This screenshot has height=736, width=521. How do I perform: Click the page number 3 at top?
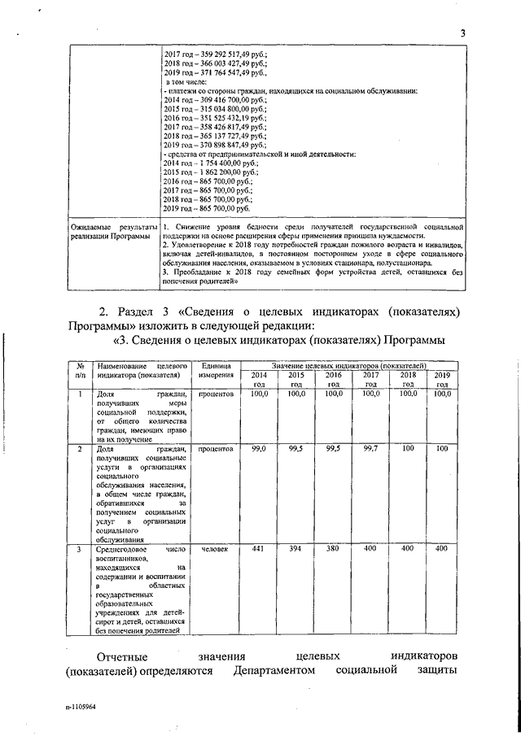click(x=462, y=33)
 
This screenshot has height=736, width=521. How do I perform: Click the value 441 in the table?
click(x=259, y=549)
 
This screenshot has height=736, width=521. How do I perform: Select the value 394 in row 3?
click(x=296, y=549)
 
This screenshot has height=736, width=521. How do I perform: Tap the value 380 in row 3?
click(x=332, y=549)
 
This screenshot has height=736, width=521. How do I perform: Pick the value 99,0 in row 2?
click(x=259, y=448)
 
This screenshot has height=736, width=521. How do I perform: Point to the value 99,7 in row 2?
click(x=370, y=448)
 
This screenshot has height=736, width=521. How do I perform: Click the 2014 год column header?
click(x=259, y=380)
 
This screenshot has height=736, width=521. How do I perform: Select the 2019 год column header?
click(x=441, y=380)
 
